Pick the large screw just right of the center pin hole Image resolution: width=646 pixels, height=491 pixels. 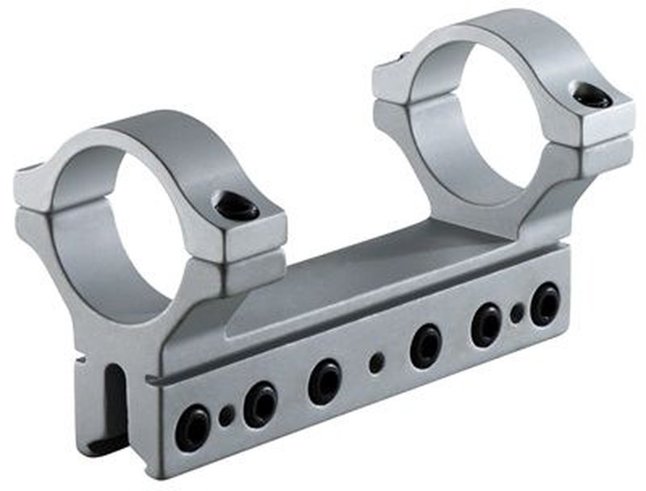(x=426, y=346)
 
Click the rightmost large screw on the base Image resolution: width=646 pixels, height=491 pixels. (x=545, y=304)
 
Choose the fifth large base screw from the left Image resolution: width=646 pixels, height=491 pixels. (x=486, y=324)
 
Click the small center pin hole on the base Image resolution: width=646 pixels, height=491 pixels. (x=376, y=363)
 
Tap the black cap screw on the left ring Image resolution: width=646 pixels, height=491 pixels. (x=237, y=208)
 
